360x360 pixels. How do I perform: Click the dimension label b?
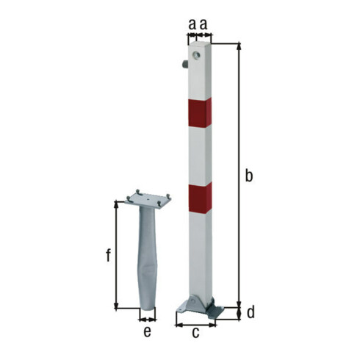click(249, 176)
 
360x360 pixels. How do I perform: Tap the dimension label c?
click(195, 333)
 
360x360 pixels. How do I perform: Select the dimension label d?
click(251, 313)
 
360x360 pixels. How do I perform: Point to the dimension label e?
click(147, 332)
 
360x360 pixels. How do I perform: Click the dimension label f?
click(108, 255)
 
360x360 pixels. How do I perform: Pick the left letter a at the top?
click(192, 24)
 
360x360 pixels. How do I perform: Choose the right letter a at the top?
click(204, 24)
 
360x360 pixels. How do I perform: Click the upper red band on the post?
click(200, 113)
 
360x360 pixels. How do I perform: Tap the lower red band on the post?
click(201, 198)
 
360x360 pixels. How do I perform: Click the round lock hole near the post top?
click(196, 55)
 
